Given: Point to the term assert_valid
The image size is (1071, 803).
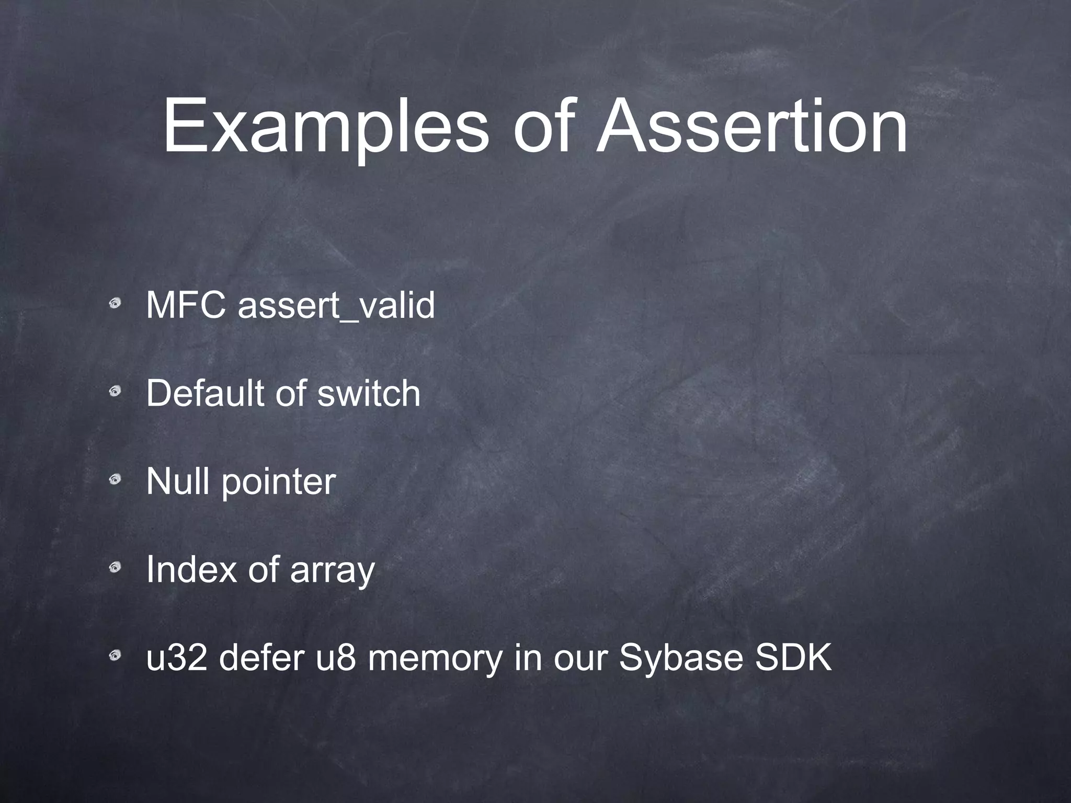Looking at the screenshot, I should [336, 306].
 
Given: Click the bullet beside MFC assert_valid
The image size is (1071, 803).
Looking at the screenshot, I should [116, 303].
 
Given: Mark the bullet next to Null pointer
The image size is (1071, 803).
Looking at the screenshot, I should [116, 479].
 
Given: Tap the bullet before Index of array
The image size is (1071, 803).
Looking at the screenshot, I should [116, 567].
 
